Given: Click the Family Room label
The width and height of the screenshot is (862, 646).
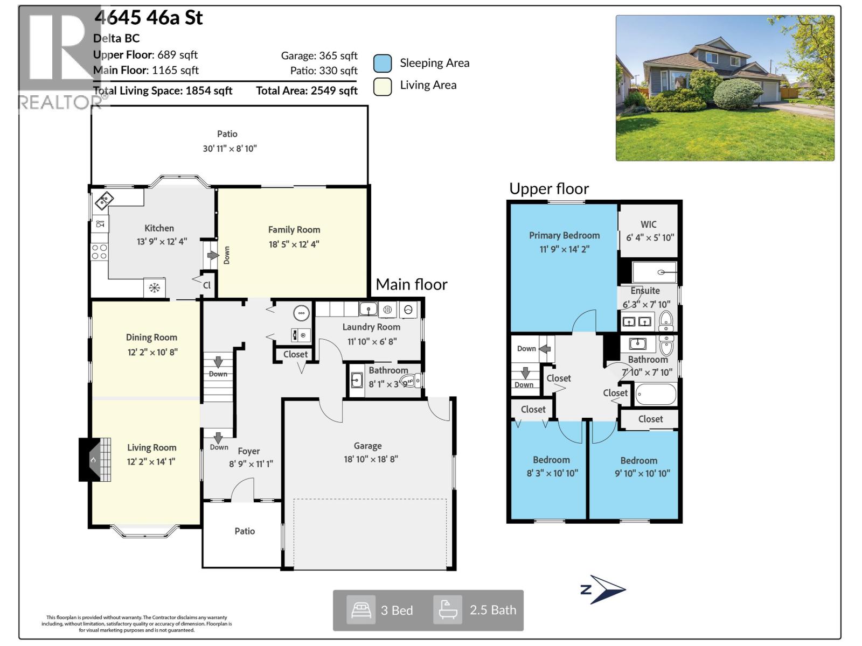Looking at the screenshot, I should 294,229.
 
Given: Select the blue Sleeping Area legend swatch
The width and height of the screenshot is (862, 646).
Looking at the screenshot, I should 383,64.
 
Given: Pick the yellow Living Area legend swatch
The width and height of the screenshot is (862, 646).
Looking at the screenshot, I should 383,86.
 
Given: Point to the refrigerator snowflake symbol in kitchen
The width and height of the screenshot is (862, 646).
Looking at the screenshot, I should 155,288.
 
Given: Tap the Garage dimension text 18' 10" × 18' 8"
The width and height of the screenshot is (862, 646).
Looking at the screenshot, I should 371,459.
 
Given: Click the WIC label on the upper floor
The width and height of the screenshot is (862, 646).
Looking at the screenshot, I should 649,224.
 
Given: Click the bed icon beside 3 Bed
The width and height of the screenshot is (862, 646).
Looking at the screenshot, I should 360,610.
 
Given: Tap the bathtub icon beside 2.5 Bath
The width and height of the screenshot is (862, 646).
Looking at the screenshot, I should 448,610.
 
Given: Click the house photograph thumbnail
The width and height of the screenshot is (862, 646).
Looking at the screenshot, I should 725,88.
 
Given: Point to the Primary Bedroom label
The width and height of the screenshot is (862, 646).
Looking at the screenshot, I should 564,235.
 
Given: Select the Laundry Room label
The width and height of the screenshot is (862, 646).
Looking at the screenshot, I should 371,327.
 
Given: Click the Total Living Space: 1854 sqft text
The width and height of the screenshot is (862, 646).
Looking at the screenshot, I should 163,90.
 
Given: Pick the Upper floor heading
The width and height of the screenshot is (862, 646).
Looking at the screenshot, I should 549,188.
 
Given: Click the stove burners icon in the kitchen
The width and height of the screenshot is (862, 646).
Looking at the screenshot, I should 99,251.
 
